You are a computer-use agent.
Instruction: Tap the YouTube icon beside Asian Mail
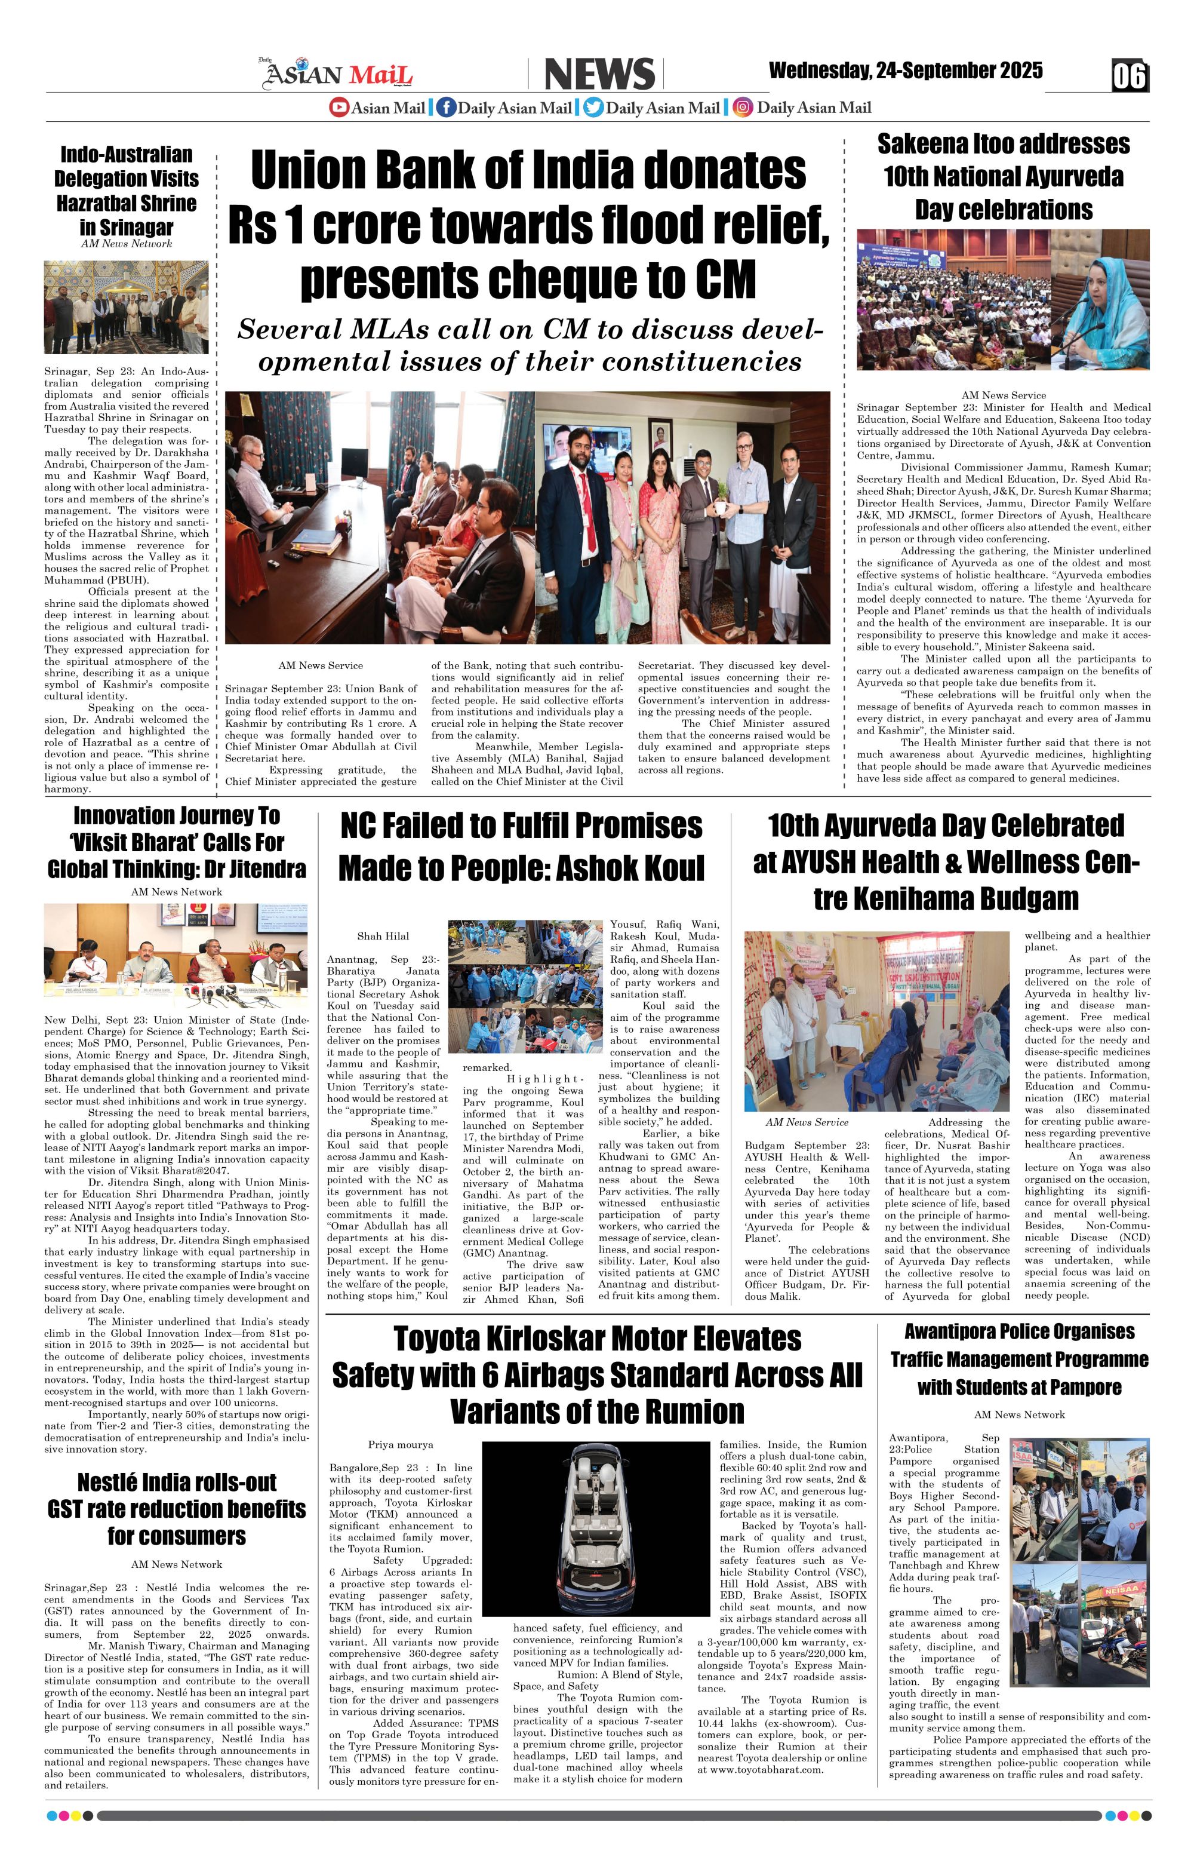pos(339,108)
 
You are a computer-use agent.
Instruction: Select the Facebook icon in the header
pos(446,108)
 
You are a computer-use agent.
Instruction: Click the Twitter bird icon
pos(593,108)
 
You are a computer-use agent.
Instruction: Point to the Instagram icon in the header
pos(743,108)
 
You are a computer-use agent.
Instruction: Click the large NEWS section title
pos(599,75)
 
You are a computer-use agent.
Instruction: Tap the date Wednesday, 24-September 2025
pos(905,71)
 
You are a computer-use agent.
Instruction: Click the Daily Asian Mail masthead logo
pos(339,73)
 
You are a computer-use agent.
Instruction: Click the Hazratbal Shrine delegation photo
pos(127,307)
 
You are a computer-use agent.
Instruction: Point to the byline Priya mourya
pos(401,1444)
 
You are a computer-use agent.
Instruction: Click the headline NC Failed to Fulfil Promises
pos(521,847)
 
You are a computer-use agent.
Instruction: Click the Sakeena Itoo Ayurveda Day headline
pos(1004,177)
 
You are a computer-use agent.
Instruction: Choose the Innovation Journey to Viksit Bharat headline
pos(177,842)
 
